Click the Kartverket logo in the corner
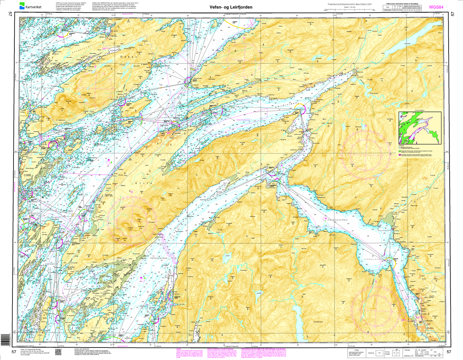[30, 6]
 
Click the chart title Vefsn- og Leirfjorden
[231, 7]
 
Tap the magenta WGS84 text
[436, 7]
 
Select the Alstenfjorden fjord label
[87, 176]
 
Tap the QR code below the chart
[58, 352]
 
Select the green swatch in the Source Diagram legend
[400, 150]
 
